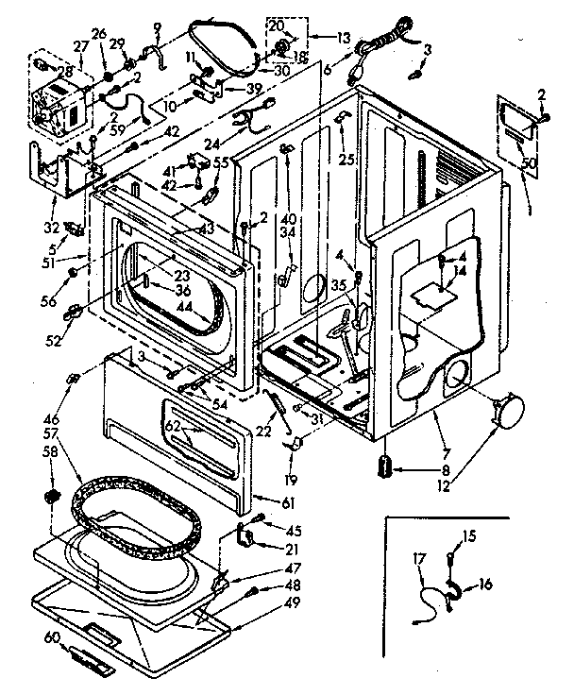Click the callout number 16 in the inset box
click(485, 585)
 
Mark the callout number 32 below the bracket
click(52, 227)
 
